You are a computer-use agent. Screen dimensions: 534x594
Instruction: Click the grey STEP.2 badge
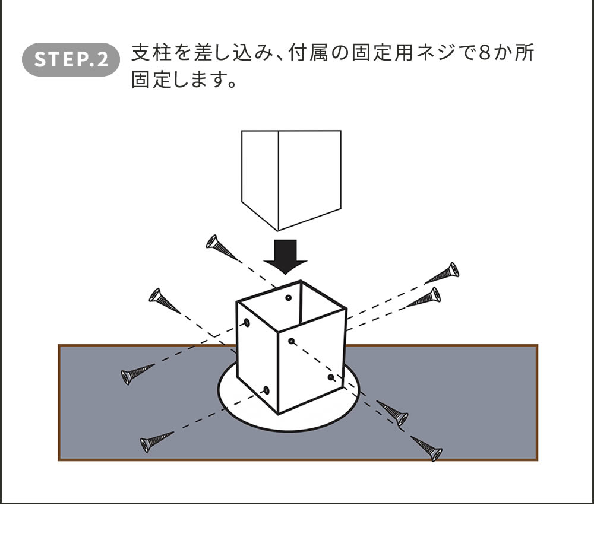[x=71, y=59]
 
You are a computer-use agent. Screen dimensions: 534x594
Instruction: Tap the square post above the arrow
[x=290, y=178]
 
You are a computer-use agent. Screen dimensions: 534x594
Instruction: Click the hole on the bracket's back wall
[x=289, y=298]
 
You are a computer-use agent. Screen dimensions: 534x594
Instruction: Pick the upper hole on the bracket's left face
[x=247, y=323]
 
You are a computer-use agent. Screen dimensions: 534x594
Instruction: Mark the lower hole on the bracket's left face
[x=266, y=390]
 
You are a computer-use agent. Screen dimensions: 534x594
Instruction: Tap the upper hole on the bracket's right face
[x=292, y=341]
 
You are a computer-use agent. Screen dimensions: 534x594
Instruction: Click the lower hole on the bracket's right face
[x=331, y=377]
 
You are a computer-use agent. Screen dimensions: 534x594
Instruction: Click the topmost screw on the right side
[x=443, y=274]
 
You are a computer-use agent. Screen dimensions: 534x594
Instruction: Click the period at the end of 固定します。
[x=231, y=84]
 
